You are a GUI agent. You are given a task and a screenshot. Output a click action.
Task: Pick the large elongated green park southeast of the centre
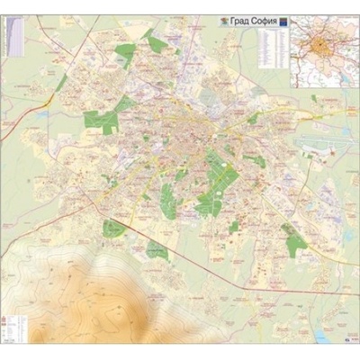point(216,180)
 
